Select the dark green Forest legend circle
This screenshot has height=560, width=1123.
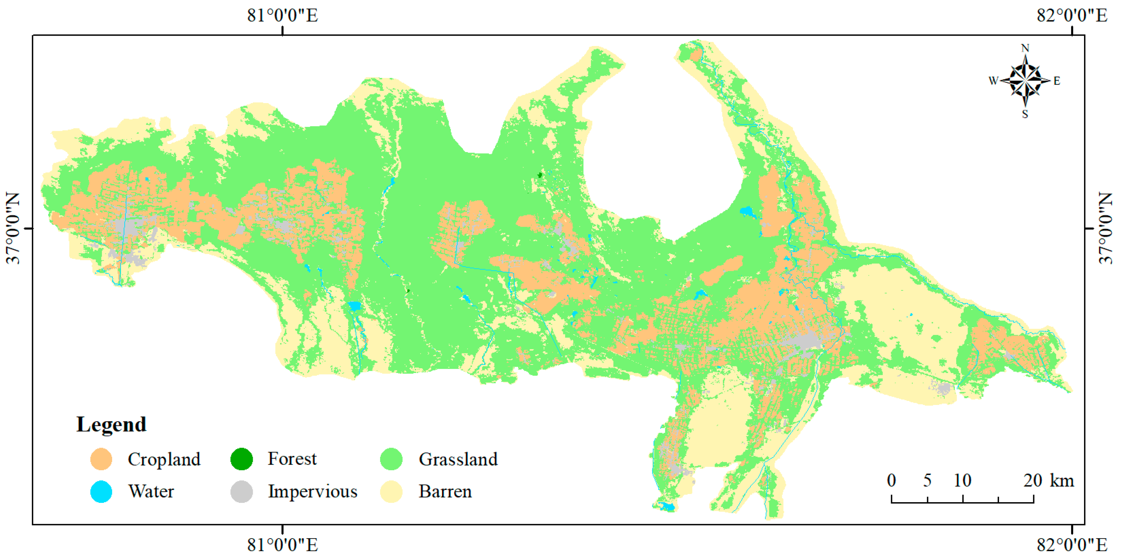point(242,459)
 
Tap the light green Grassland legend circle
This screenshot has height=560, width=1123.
point(391,459)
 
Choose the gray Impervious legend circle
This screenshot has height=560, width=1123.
point(242,492)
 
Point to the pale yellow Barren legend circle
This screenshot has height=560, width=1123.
point(391,492)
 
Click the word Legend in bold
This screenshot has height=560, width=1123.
point(111,424)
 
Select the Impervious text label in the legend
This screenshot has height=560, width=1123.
point(312,492)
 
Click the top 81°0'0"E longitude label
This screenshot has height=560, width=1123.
point(282,15)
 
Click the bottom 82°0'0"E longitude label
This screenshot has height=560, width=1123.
point(1071,545)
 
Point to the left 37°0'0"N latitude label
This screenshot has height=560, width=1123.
point(13,228)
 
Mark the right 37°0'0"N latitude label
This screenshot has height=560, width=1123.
point(1106,228)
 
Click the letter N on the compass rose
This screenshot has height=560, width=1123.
point(1025,48)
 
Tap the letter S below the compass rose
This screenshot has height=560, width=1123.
point(1025,114)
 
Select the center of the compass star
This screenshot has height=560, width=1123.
point(1025,80)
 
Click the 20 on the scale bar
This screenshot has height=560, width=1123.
point(1032,481)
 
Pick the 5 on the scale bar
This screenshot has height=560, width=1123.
point(927,481)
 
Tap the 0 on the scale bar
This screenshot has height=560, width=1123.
point(891,481)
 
